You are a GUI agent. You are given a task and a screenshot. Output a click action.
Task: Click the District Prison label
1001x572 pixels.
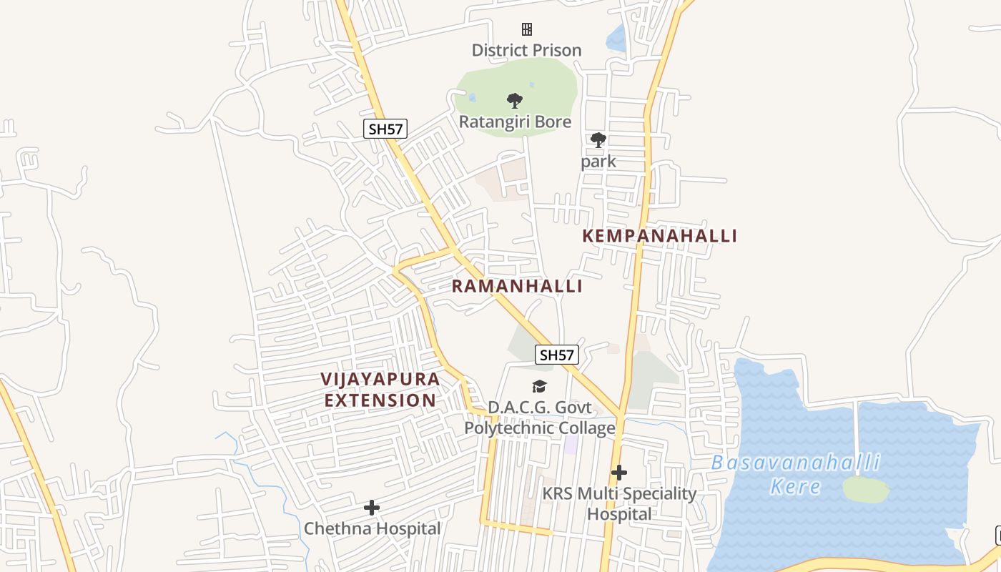pos(526,50)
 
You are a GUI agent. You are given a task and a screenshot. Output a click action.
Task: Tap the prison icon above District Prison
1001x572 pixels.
pos(527,29)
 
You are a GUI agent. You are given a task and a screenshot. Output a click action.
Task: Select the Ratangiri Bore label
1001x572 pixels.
pos(515,122)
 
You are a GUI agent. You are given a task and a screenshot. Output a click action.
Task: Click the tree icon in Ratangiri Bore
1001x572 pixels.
pos(514,101)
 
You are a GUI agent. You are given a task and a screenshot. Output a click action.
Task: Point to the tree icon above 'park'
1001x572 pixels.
pos(598,140)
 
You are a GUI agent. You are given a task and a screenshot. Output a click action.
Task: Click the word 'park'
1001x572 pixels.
pos(598,161)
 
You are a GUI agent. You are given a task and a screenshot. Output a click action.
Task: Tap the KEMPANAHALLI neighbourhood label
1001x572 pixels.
pos(659,236)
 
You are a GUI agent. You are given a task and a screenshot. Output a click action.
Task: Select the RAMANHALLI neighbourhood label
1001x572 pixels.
pos(517,286)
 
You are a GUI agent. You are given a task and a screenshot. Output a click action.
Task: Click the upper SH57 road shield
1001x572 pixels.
pos(385,129)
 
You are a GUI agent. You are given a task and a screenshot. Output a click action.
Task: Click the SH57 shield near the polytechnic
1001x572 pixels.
pos(557,355)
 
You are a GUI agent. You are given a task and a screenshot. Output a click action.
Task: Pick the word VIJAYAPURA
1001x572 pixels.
pos(380,379)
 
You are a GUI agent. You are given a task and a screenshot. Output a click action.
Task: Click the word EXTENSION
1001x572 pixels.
pos(380,400)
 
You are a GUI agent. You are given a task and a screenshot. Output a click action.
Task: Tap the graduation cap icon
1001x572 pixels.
pos(540,387)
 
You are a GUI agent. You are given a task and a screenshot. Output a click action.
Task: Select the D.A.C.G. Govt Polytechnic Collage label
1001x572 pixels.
pos(540,418)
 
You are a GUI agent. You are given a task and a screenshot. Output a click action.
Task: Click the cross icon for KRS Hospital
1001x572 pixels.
pos(619,473)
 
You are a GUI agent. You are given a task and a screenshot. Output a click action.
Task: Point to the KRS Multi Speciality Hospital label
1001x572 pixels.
pos(619,503)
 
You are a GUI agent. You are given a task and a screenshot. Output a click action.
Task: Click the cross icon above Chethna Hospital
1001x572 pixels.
pos(372,508)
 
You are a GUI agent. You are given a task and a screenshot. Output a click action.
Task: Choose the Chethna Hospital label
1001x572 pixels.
pos(372,529)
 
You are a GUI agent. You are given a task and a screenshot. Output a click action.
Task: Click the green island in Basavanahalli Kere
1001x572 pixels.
pos(866,490)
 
